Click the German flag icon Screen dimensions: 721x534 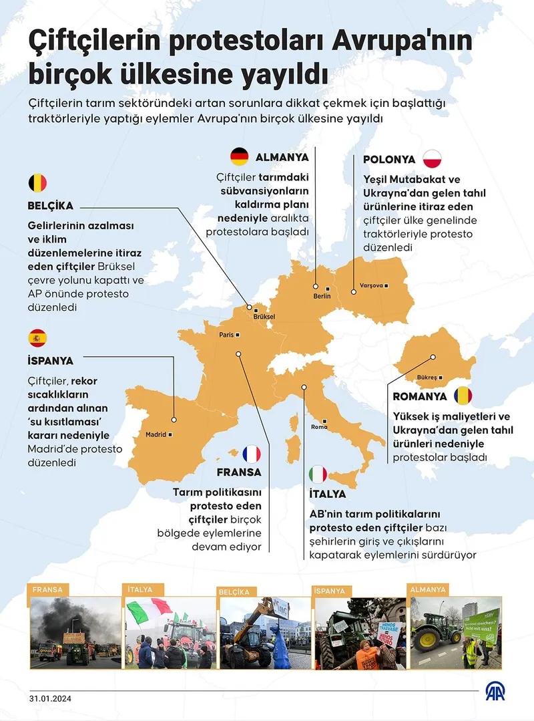coord(240,157)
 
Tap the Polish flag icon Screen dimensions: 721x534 coord(432,159)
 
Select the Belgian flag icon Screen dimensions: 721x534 coord(37,182)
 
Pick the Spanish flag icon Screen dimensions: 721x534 coord(37,338)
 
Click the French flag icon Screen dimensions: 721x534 coord(252,454)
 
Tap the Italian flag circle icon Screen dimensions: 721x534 coord(318,474)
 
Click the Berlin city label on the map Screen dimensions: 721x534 coord(322,296)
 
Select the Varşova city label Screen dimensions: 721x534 coord(372,285)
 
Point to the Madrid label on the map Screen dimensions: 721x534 coord(156,435)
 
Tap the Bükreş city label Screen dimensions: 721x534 coord(427,378)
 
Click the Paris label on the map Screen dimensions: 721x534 coord(227,335)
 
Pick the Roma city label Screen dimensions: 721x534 coord(319,427)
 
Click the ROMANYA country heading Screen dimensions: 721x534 coord(419,396)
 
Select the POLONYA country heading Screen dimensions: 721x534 coord(388,160)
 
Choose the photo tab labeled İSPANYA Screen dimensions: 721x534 coord(330,591)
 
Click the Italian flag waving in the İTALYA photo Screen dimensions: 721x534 coord(149,610)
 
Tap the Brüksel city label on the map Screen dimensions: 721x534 coord(264,317)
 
